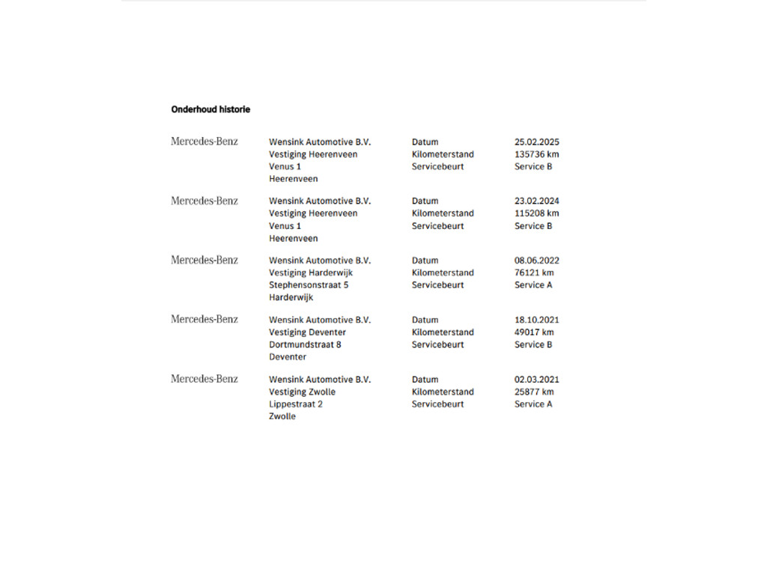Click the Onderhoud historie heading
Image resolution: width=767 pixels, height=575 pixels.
click(210, 109)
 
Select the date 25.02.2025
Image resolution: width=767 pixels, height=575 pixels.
click(536, 142)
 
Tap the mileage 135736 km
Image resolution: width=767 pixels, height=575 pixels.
click(536, 154)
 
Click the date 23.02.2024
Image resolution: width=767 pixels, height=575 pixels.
click(536, 201)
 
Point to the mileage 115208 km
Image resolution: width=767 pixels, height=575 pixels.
click(536, 213)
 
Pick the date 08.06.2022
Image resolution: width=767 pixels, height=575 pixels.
click(536, 261)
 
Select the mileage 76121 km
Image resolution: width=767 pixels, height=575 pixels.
click(534, 273)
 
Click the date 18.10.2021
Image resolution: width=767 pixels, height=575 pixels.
click(536, 320)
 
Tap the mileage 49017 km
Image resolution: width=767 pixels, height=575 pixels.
click(534, 332)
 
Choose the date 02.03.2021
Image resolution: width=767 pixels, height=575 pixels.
click(536, 380)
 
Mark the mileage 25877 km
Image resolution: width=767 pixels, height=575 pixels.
click(534, 392)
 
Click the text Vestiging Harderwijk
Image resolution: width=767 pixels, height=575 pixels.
click(311, 273)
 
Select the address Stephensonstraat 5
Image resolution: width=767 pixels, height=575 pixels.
click(309, 285)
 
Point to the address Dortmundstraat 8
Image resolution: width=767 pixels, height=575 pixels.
click(305, 344)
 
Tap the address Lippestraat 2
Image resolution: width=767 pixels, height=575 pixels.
click(296, 404)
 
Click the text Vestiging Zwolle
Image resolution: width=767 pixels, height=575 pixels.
click(302, 392)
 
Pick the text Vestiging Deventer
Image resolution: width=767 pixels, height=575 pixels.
click(307, 332)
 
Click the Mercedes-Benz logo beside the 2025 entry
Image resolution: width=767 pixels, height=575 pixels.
click(204, 142)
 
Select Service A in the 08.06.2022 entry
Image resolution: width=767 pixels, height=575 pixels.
click(533, 285)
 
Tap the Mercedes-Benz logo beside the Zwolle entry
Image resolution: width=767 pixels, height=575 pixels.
click(204, 379)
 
